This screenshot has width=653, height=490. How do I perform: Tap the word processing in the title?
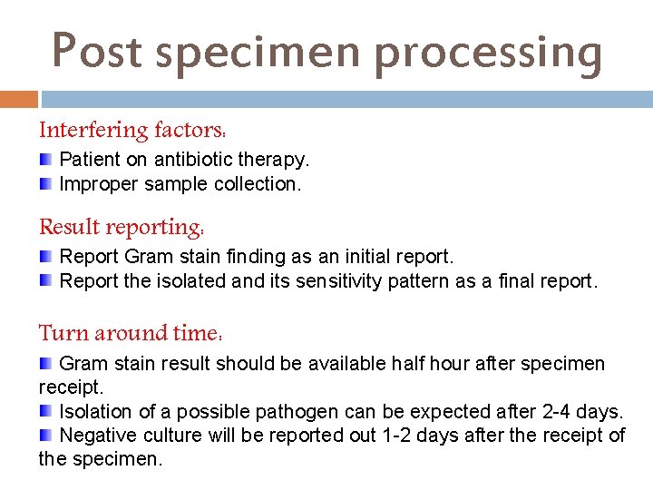point(488,53)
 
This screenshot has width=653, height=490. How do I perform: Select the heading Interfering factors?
point(132,131)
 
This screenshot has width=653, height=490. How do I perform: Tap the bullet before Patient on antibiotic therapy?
point(45,160)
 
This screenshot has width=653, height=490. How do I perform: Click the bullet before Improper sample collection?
point(45,184)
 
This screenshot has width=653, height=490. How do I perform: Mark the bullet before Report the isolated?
point(45,281)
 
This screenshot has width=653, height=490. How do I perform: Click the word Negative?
point(96,436)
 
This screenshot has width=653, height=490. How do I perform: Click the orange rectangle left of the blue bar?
point(19,98)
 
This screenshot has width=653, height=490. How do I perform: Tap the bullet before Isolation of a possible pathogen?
point(45,412)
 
